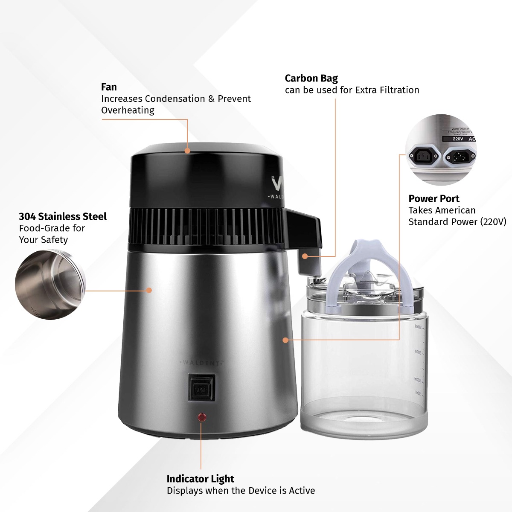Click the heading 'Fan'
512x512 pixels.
tap(109, 87)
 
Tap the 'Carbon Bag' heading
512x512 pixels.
tap(311, 79)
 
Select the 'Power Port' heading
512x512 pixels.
tap(433, 198)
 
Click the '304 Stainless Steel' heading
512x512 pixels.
tap(63, 216)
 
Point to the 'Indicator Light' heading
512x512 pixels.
tap(200, 479)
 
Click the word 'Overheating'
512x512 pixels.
tap(128, 110)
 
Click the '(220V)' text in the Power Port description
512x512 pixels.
tap(493, 222)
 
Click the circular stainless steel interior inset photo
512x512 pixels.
tap(50, 285)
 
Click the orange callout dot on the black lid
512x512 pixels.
tap(187, 151)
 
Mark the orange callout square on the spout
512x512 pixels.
tap(305, 256)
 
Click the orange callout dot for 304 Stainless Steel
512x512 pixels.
tap(149, 290)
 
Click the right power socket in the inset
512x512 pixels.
tap(460, 158)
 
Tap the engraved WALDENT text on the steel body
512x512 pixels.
tap(202, 363)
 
